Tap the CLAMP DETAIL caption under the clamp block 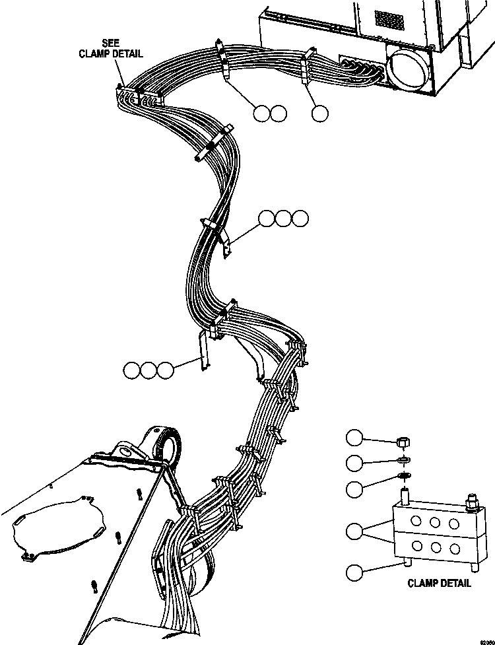[439, 583]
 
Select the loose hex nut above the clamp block [403, 440]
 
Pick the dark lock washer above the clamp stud [403, 477]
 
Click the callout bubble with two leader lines [355, 530]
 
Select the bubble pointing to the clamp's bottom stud [355, 572]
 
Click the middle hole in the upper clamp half [435, 522]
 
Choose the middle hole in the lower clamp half [435, 547]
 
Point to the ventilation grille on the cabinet [389, 20]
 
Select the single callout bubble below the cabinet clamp [320, 113]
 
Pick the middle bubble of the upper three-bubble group [284, 218]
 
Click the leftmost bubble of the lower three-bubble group [131, 370]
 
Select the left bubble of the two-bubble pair [261, 113]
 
